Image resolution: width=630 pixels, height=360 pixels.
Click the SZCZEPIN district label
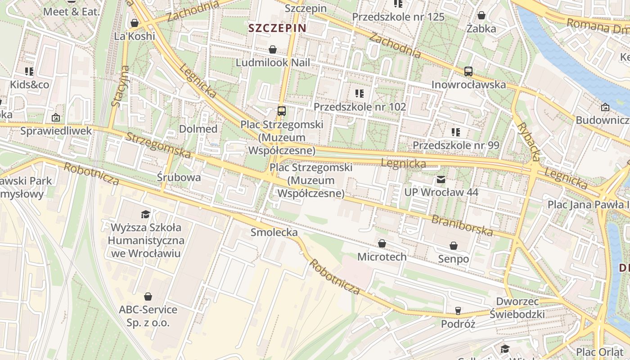[277, 28]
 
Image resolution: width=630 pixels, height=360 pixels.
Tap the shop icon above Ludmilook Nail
[272, 49]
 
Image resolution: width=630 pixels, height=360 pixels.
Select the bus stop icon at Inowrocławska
[468, 71]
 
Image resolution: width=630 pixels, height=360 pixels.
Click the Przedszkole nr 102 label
[360, 107]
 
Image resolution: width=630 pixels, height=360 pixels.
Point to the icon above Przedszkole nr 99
[456, 132]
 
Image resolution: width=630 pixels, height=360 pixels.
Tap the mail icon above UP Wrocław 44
[441, 180]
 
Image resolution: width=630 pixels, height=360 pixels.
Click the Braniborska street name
[462, 225]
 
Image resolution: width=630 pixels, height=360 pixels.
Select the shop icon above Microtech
[382, 243]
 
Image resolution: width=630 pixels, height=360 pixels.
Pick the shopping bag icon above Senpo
[454, 246]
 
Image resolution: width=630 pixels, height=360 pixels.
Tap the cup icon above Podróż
[458, 310]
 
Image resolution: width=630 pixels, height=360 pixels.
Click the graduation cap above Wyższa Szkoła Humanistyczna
[146, 214]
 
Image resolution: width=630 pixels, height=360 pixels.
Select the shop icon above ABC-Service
[148, 297]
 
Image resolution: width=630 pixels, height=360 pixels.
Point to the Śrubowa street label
[179, 177]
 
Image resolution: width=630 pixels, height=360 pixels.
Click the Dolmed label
[198, 129]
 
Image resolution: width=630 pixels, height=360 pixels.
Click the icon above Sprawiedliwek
[56, 117]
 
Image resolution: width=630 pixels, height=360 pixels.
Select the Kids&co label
[30, 85]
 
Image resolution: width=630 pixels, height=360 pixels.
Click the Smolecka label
[274, 232]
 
